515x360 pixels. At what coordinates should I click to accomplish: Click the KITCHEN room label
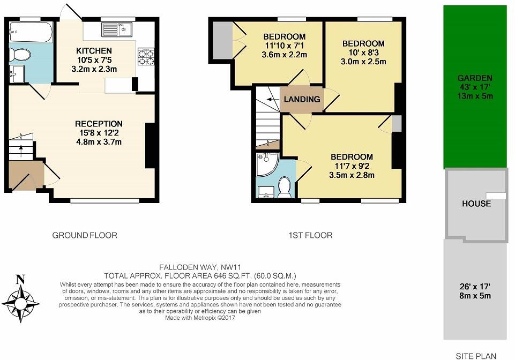tap(94, 51)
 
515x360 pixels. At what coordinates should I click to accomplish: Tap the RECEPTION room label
tap(99, 124)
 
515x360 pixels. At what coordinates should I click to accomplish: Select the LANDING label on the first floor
tap(302, 99)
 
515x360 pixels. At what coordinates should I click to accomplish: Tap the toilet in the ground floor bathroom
tap(20, 54)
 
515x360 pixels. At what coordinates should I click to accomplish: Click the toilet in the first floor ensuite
tap(285, 188)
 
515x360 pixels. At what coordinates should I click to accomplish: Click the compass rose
tap(21, 303)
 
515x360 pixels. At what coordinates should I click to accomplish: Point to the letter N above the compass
tap(20, 279)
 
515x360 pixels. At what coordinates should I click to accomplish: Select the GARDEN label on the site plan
tap(475, 78)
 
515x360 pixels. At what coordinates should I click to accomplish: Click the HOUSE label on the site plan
tap(476, 204)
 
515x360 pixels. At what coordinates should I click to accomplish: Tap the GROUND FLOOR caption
tap(84, 235)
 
